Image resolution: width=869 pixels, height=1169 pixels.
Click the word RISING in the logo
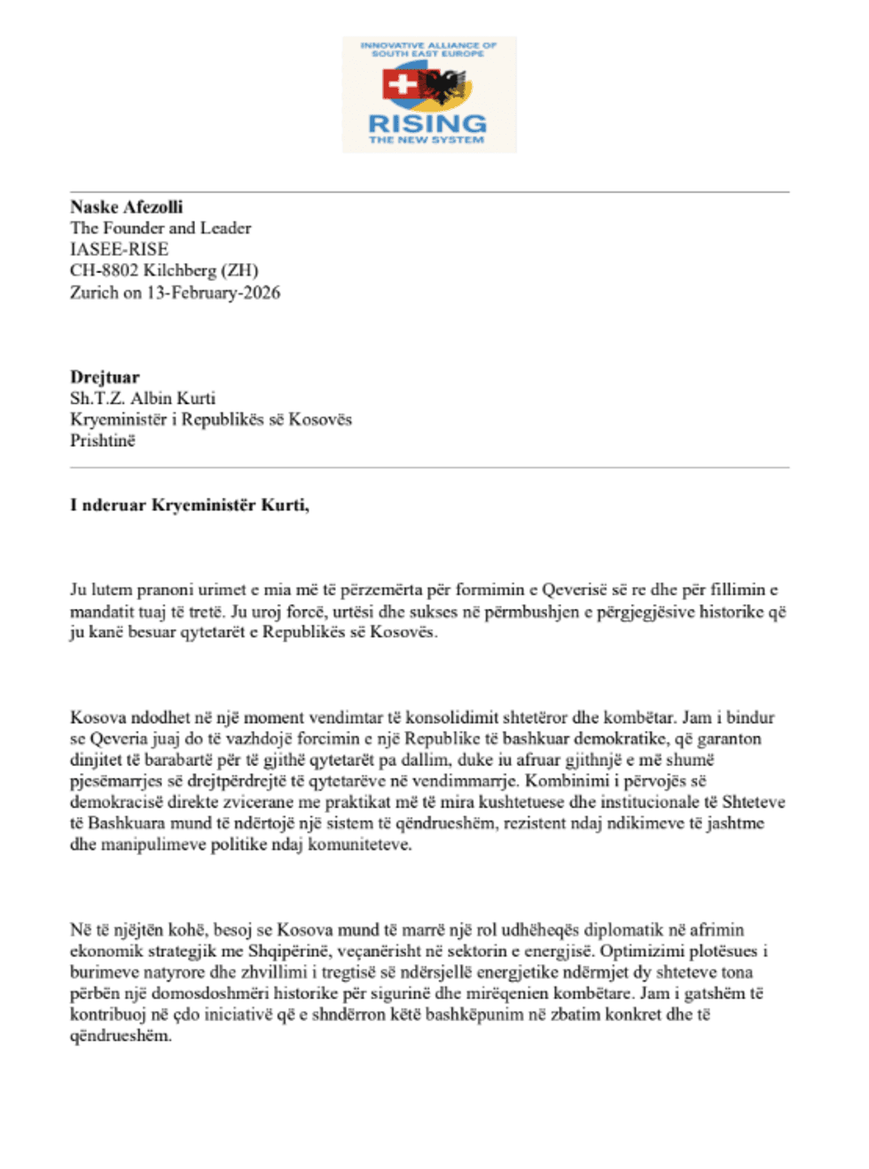pyautogui.click(x=427, y=123)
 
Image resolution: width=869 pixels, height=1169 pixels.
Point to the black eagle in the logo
pyautogui.click(x=446, y=88)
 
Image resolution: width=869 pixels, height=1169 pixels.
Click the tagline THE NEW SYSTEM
pyautogui.click(x=427, y=140)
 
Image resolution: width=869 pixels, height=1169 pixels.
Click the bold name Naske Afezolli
pyautogui.click(x=127, y=207)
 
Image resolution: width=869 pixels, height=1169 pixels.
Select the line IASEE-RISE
pyautogui.click(x=119, y=249)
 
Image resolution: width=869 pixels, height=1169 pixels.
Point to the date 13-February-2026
pyautogui.click(x=214, y=292)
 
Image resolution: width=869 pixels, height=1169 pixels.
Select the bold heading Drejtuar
pyautogui.click(x=105, y=377)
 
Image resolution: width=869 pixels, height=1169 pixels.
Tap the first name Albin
pyautogui.click(x=150, y=398)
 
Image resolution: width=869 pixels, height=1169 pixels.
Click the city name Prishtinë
pyautogui.click(x=103, y=440)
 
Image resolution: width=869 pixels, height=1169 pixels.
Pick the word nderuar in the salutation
pyautogui.click(x=114, y=505)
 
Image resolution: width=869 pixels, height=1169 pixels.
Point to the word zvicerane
pyautogui.click(x=247, y=802)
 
